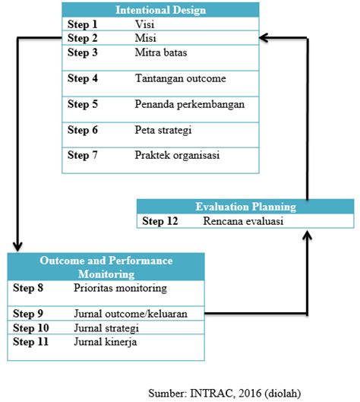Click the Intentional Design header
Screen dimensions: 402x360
pyautogui.click(x=159, y=10)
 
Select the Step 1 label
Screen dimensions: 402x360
pyautogui.click(x=83, y=24)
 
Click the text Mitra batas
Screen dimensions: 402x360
pyautogui.click(x=161, y=52)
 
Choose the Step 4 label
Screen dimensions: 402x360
pyautogui.click(x=83, y=78)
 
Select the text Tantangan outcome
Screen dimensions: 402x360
pyautogui.click(x=180, y=78)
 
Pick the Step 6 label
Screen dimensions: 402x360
pyautogui.click(x=83, y=130)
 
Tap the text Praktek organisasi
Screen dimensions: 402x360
pyautogui.click(x=177, y=155)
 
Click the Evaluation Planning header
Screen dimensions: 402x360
pyautogui.click(x=245, y=206)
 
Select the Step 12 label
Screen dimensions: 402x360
pyautogui.click(x=161, y=221)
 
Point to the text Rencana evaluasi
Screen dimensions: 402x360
pyautogui.click(x=243, y=221)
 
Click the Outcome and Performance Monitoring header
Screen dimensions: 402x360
pyautogui.click(x=106, y=267)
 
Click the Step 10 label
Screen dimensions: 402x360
pyautogui.click(x=33, y=328)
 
